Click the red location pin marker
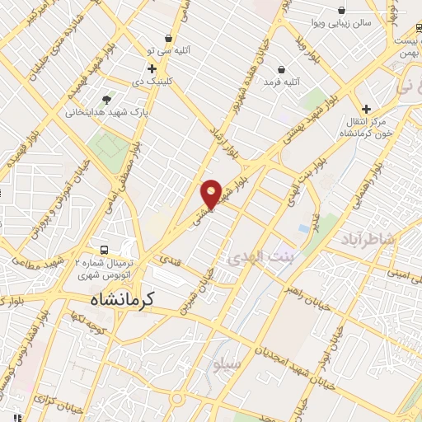click(x=213, y=194)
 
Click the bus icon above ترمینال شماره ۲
click(x=104, y=250)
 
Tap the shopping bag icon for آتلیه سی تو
click(x=169, y=38)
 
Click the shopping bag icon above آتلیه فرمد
click(x=283, y=69)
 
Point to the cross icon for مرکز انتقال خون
click(x=366, y=109)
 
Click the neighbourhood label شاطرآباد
click(x=367, y=240)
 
